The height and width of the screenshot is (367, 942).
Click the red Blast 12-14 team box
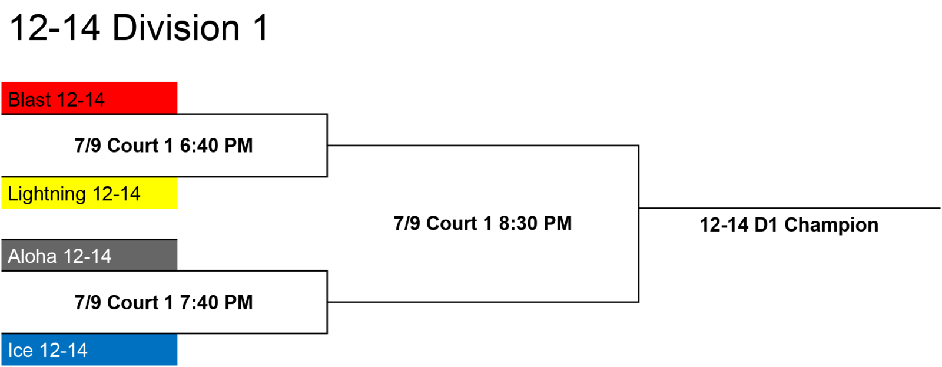pyautogui.click(x=89, y=98)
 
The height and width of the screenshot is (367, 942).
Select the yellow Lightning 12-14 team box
pyautogui.click(x=89, y=193)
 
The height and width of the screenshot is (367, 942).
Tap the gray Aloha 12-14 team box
pyautogui.click(x=89, y=255)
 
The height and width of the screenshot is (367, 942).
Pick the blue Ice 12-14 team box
pyautogui.click(x=89, y=349)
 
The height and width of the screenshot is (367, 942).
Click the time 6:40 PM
pyautogui.click(x=216, y=146)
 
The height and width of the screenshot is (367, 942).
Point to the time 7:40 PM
pyautogui.click(x=216, y=303)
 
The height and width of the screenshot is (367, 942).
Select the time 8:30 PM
pyautogui.click(x=535, y=223)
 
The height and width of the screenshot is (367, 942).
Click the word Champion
pyautogui.click(x=831, y=225)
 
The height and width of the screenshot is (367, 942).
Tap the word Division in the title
pyautogui.click(x=176, y=28)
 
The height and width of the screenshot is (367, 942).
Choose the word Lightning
pyautogui.click(x=47, y=194)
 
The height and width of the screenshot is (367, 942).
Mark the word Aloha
pyautogui.click(x=32, y=256)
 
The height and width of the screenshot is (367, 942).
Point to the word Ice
pyautogui.click(x=20, y=351)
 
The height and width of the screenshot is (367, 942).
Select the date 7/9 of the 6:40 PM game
pyautogui.click(x=88, y=146)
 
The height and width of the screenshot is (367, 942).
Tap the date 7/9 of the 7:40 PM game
pyautogui.click(x=88, y=303)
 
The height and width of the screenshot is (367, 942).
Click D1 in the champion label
pyautogui.click(x=766, y=225)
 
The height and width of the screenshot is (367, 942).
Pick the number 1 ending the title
pyautogui.click(x=261, y=28)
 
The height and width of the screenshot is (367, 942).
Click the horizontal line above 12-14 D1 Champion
pyautogui.click(x=790, y=208)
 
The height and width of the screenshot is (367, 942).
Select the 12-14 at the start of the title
pyautogui.click(x=55, y=28)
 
